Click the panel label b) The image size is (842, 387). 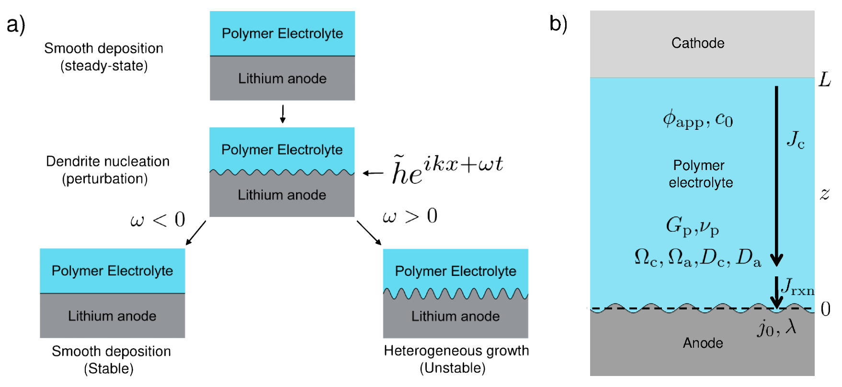558,24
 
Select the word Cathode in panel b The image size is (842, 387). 697,43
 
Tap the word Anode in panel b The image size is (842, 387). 703,343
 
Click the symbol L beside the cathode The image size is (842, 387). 824,80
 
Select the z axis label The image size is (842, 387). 824,194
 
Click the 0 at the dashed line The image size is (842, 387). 826,309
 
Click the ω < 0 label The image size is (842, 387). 158,220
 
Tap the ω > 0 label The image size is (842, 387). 410,216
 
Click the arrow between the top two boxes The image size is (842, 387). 283,114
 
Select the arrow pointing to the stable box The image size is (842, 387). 195,233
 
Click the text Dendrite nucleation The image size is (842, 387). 108,161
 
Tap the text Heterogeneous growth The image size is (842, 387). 456,351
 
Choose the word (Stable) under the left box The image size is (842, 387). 109,368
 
